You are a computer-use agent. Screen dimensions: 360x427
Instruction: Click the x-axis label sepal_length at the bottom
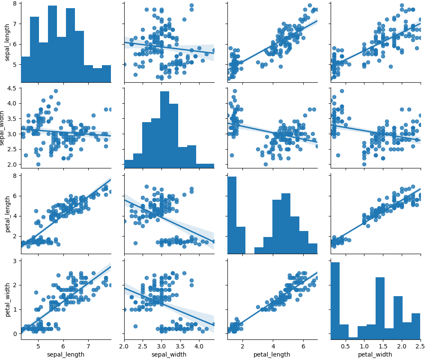click(x=66, y=354)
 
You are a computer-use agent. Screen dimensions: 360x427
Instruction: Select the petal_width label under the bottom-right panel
click(x=375, y=354)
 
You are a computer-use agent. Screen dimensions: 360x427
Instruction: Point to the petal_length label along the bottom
click(x=272, y=354)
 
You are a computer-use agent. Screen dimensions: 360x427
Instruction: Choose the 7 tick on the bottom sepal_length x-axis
click(x=88, y=346)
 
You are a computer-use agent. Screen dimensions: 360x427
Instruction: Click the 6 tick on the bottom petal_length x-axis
click(x=303, y=346)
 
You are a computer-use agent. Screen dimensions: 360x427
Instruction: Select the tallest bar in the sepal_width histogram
click(x=164, y=129)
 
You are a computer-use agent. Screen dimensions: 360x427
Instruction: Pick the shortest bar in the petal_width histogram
click(x=353, y=338)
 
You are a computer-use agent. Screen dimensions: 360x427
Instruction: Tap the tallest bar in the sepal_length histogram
click(x=52, y=43)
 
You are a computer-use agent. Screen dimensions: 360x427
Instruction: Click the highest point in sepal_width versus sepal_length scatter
click(x=56, y=91)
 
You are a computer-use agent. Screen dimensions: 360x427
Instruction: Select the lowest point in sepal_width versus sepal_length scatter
click(x=38, y=164)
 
